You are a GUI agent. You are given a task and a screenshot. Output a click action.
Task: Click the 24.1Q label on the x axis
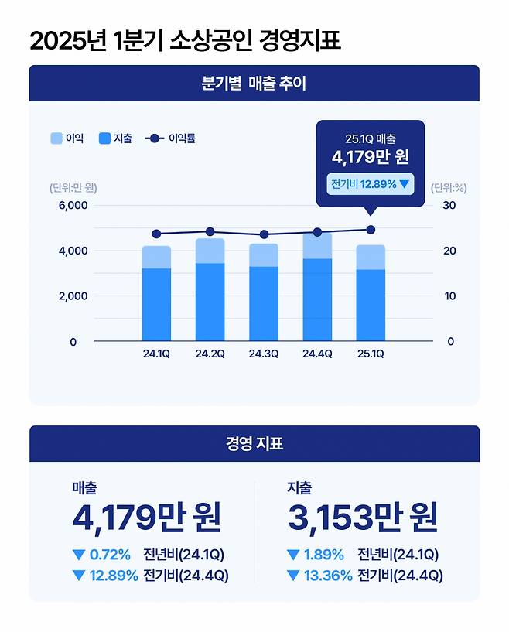156,354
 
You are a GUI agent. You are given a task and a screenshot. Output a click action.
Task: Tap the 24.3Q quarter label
263,354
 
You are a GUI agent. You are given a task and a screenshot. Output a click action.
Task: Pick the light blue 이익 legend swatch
56,138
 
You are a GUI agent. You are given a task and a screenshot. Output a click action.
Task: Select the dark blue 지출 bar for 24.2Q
210,302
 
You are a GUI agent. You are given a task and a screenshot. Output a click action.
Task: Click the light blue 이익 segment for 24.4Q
317,246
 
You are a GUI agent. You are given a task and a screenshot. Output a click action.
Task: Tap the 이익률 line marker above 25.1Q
371,230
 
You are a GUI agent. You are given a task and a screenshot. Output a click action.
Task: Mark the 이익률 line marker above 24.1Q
156,234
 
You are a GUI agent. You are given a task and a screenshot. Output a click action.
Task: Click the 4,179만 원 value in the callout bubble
370,158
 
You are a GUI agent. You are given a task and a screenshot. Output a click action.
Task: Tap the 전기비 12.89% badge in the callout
370,185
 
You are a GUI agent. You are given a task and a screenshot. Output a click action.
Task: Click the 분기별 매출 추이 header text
254,84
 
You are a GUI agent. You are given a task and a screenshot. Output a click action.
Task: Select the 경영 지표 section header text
254,444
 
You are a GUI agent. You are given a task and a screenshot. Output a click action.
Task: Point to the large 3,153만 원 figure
362,518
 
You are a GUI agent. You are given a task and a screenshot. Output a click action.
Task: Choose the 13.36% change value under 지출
329,576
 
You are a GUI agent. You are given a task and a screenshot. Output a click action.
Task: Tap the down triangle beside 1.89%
292,555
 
